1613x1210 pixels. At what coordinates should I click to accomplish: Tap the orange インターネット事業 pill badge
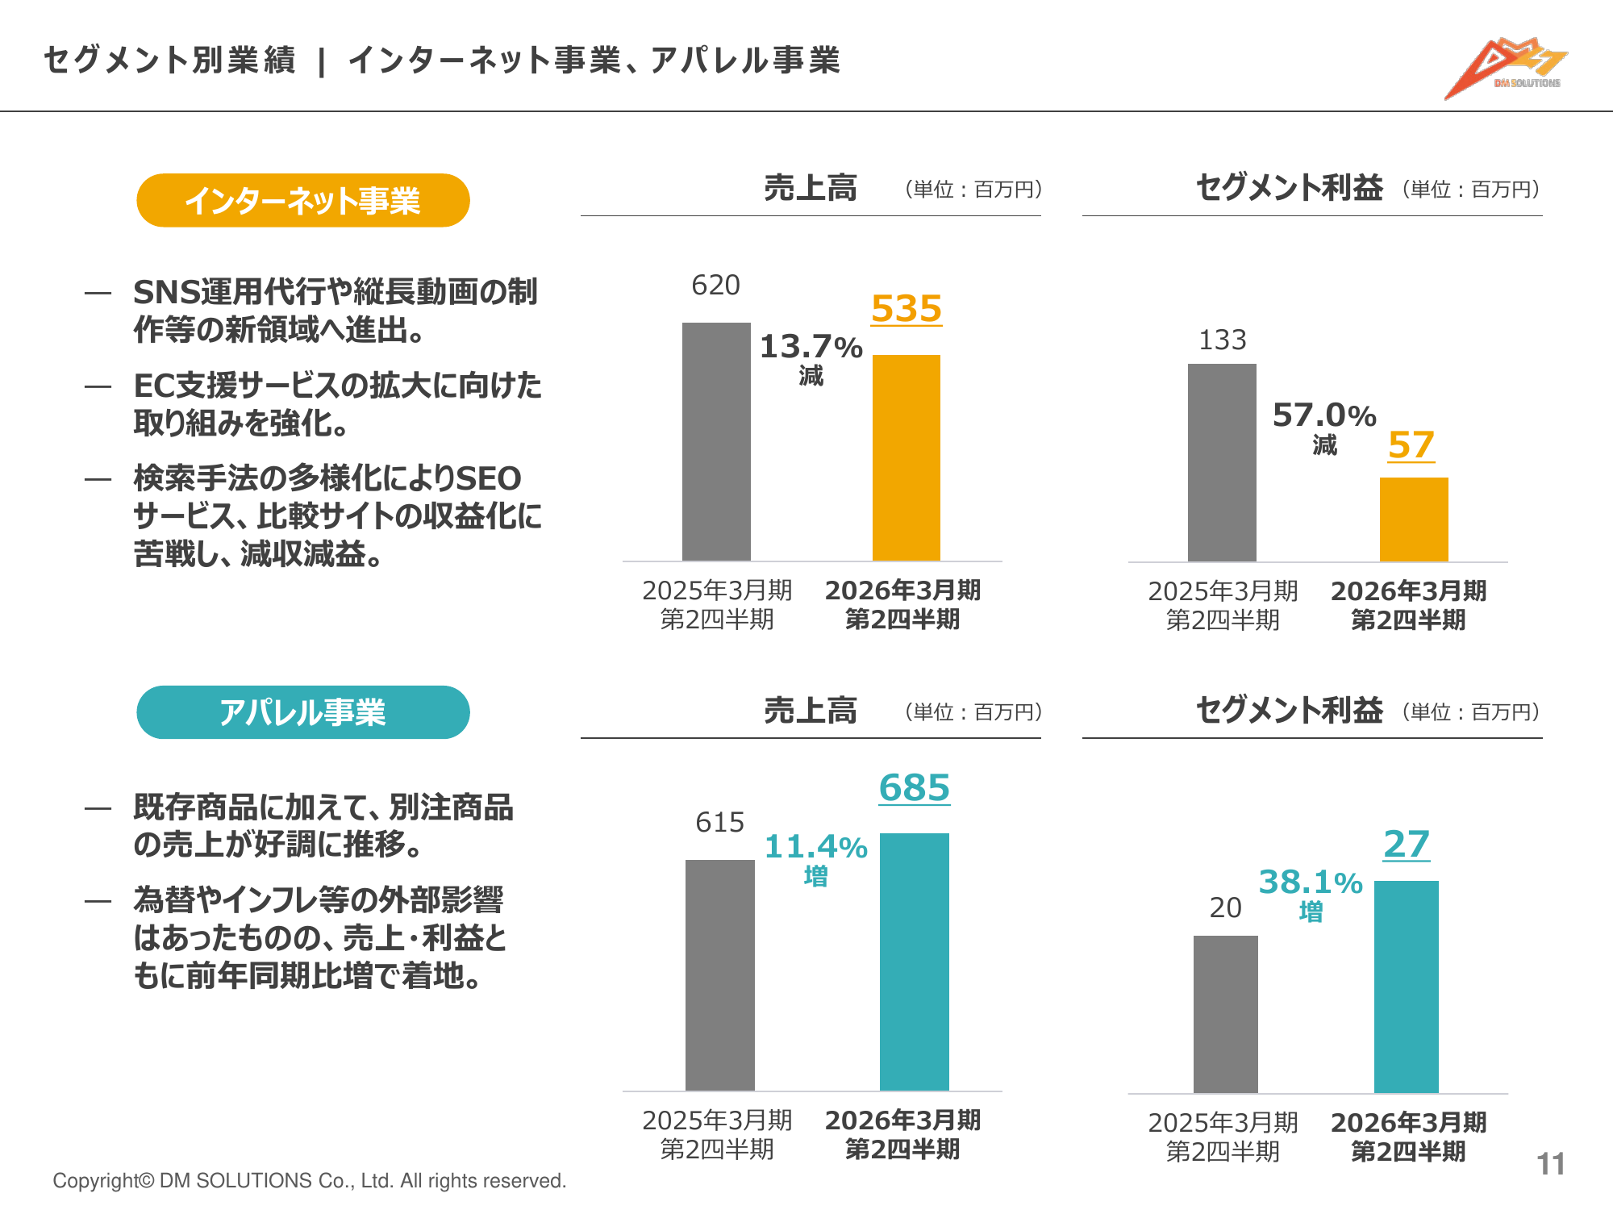pyautogui.click(x=303, y=200)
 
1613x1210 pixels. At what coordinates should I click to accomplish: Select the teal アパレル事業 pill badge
pyautogui.click(x=303, y=712)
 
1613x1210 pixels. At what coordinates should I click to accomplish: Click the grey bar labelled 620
pyautogui.click(x=716, y=441)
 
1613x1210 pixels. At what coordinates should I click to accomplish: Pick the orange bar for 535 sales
pyautogui.click(x=907, y=457)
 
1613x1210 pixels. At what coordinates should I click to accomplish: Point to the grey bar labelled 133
pyautogui.click(x=1222, y=462)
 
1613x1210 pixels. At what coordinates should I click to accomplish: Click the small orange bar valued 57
pyautogui.click(x=1414, y=519)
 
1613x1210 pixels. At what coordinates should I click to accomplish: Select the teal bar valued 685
pyautogui.click(x=914, y=962)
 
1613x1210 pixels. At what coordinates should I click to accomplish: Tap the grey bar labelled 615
pyautogui.click(x=719, y=974)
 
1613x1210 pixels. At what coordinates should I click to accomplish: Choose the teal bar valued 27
pyautogui.click(x=1406, y=987)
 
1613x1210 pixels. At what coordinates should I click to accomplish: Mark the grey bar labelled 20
pyautogui.click(x=1225, y=1014)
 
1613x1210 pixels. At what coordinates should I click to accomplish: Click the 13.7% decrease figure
pyautogui.click(x=811, y=348)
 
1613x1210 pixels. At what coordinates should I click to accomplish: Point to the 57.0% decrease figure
pyautogui.click(x=1324, y=416)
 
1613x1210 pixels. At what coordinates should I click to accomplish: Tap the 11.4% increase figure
pyautogui.click(x=815, y=848)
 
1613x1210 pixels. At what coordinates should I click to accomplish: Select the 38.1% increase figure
pyautogui.click(x=1311, y=883)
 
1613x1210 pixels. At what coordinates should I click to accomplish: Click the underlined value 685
pyautogui.click(x=914, y=788)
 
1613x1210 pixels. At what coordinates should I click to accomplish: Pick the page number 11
pyautogui.click(x=1550, y=1164)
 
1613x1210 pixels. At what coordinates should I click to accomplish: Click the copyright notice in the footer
pyautogui.click(x=309, y=1181)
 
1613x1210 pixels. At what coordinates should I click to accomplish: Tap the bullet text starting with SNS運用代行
pyautogui.click(x=335, y=311)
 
